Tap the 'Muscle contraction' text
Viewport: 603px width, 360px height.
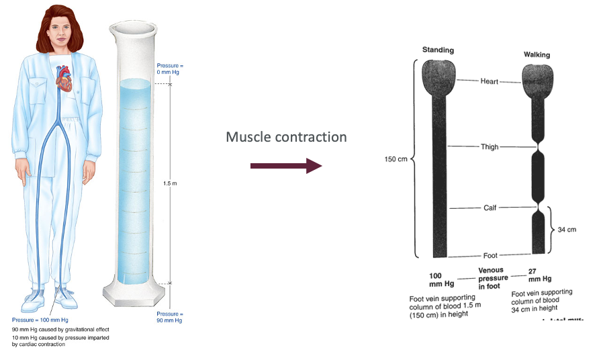click(x=286, y=137)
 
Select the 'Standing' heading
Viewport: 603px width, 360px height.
click(x=438, y=50)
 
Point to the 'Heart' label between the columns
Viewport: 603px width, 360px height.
click(x=490, y=81)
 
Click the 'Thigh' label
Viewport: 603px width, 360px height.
click(x=490, y=146)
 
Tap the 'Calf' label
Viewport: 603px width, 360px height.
click(x=490, y=208)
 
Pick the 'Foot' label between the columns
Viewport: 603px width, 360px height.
click(x=490, y=255)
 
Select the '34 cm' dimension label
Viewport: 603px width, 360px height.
click(x=567, y=230)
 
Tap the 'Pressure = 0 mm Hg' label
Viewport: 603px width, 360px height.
click(x=169, y=69)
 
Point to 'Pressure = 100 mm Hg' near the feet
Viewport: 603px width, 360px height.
click(x=40, y=320)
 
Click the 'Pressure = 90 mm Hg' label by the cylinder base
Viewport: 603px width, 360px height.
click(x=169, y=317)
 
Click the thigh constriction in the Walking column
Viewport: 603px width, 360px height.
click(x=539, y=146)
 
